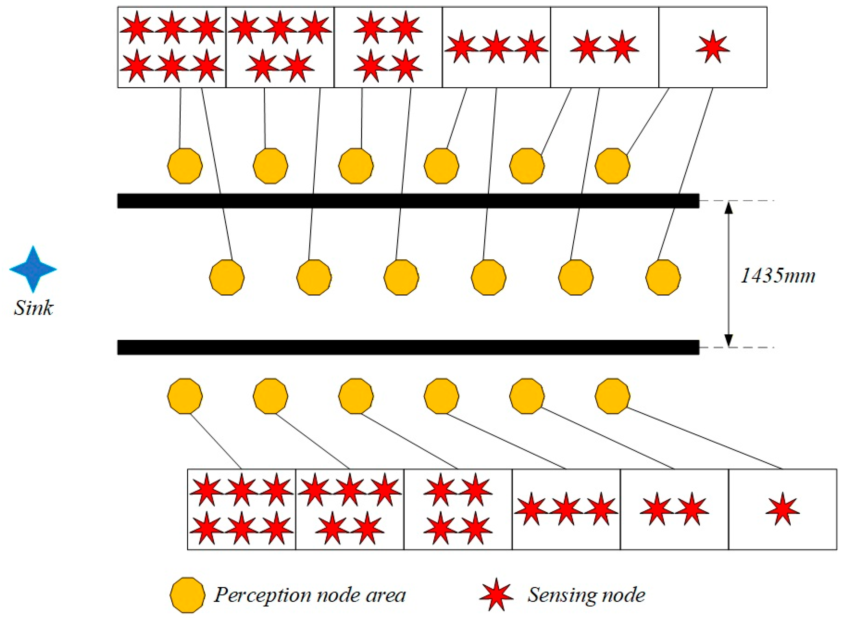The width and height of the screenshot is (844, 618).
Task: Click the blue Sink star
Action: [33, 269]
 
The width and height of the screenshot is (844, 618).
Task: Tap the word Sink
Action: [33, 308]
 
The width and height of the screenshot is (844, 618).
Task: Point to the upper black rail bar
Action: [408, 201]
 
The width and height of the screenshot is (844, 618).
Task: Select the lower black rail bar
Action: [408, 347]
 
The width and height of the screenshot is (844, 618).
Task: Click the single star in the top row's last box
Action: [713, 47]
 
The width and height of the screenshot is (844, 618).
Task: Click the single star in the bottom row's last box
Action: [783, 510]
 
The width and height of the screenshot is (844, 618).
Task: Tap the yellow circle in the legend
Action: [187, 595]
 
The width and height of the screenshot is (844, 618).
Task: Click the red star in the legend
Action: [496, 595]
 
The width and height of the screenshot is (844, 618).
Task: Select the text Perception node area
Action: [310, 595]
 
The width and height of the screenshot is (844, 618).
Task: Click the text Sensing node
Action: [586, 595]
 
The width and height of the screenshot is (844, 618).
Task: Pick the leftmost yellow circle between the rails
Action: [227, 277]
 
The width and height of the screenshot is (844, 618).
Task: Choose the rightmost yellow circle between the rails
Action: [663, 277]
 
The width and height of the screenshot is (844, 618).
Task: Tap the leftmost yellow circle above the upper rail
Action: [185, 166]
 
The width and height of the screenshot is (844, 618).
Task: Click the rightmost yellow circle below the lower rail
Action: [613, 396]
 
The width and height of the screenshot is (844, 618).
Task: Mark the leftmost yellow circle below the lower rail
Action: [185, 396]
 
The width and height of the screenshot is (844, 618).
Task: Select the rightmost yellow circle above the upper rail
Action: [613, 166]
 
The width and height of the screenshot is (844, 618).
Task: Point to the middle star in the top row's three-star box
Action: [496, 47]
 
